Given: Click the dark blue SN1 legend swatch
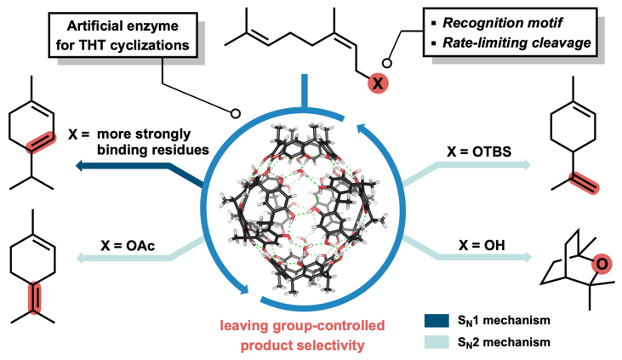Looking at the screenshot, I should [435, 321].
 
